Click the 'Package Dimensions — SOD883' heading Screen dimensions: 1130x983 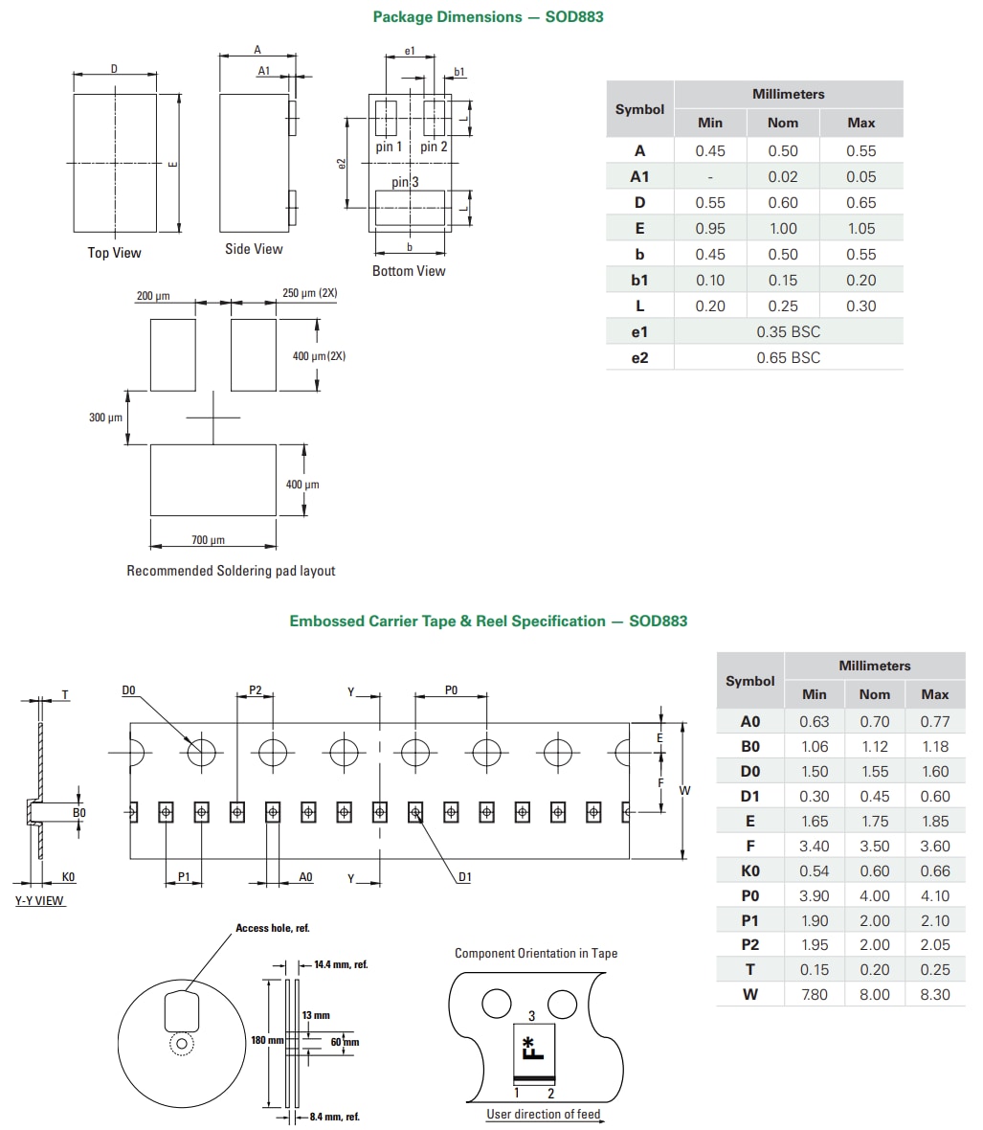[487, 16]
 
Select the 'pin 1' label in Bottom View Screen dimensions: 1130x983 [389, 147]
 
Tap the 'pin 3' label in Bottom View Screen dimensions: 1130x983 [405, 181]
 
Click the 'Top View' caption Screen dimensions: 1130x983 [114, 253]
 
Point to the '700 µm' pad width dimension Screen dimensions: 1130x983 [208, 540]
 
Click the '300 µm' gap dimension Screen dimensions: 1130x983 [105, 418]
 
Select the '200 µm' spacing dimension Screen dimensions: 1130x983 [153, 296]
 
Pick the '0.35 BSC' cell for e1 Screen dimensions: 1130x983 [788, 331]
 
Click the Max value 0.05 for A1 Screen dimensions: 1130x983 [860, 176]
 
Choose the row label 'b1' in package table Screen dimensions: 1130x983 [639, 280]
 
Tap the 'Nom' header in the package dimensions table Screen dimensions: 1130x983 [782, 123]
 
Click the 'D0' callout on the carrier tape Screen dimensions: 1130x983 [129, 690]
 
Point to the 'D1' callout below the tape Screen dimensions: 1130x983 [464, 877]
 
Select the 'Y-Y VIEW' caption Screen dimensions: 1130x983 [39, 901]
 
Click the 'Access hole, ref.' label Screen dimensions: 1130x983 [273, 928]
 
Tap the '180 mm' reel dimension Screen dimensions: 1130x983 [267, 1040]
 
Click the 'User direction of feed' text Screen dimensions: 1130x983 [544, 1114]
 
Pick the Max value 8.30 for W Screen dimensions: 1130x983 [934, 994]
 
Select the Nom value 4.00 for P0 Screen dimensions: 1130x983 [874, 895]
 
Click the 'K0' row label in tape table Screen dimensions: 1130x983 [749, 870]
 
